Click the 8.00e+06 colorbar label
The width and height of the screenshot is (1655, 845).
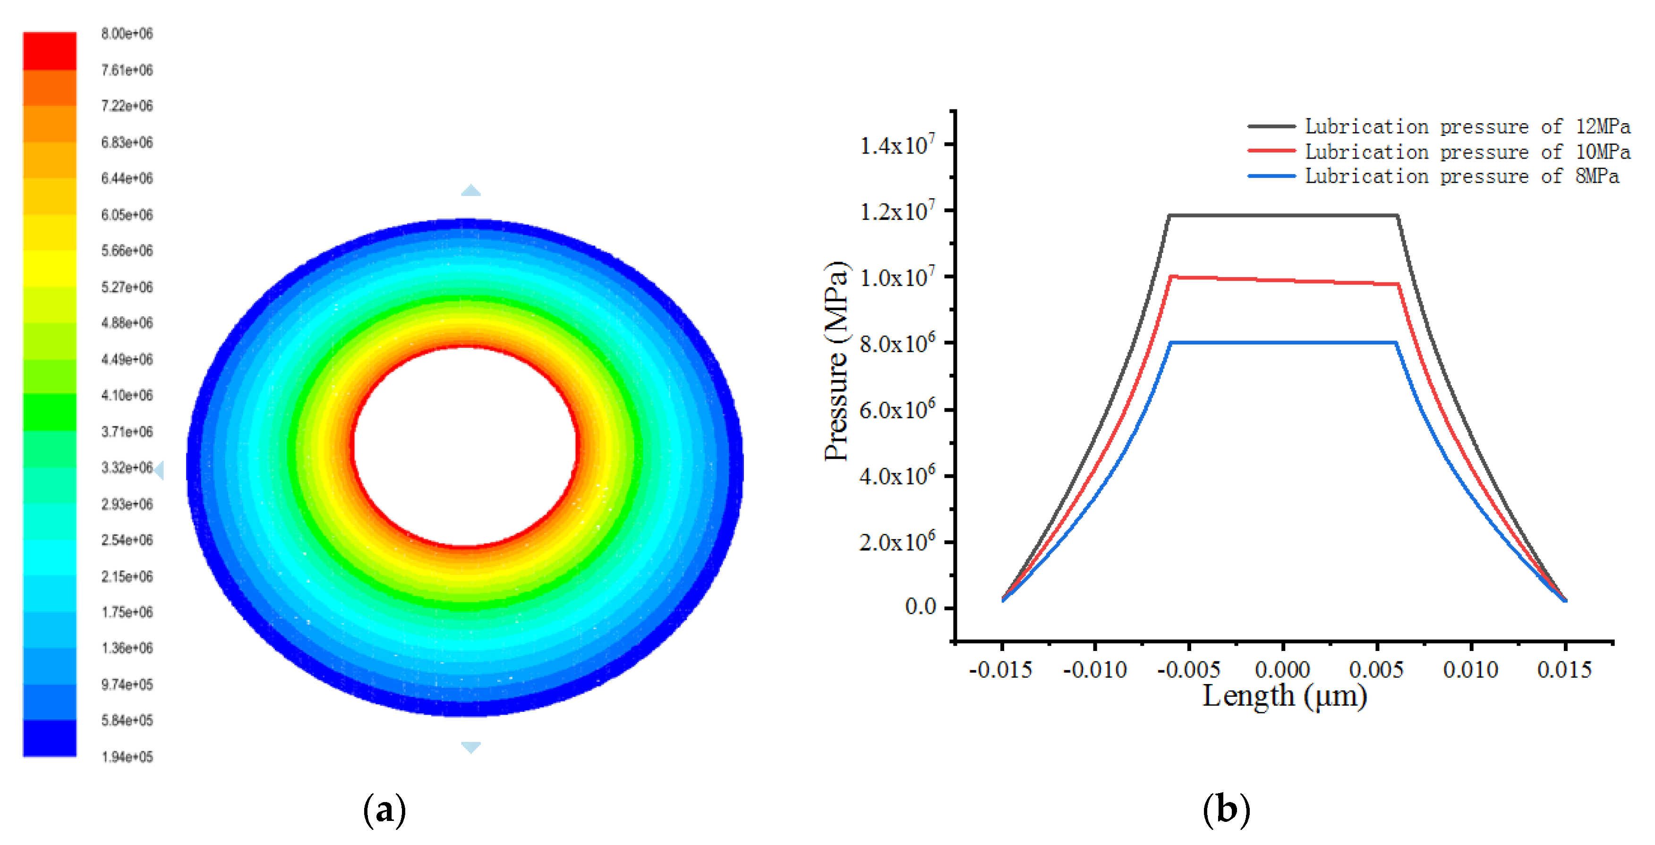pos(127,34)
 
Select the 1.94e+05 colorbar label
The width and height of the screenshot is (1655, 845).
pos(127,757)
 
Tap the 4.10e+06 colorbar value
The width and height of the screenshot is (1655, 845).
pos(127,396)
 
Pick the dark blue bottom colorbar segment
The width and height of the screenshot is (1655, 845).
pos(50,738)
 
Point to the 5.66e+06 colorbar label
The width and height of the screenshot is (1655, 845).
pos(127,250)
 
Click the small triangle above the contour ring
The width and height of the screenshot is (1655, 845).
pos(471,190)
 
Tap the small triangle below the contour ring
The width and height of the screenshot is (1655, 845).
pos(471,747)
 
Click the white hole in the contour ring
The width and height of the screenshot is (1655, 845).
pos(465,446)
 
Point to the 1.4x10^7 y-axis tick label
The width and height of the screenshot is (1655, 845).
pos(897,145)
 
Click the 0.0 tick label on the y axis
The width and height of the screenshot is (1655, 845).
pos(920,606)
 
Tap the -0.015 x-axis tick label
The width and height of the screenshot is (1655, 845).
pos(1000,670)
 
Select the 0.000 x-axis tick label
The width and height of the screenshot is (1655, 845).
pos(1282,670)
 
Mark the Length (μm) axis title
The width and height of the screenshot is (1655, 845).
pos(1284,696)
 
